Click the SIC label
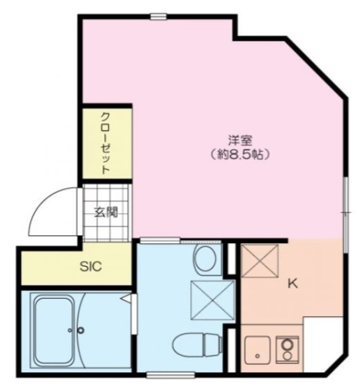pyautogui.click(x=91, y=266)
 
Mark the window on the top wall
pyautogui.click(x=159, y=16)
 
